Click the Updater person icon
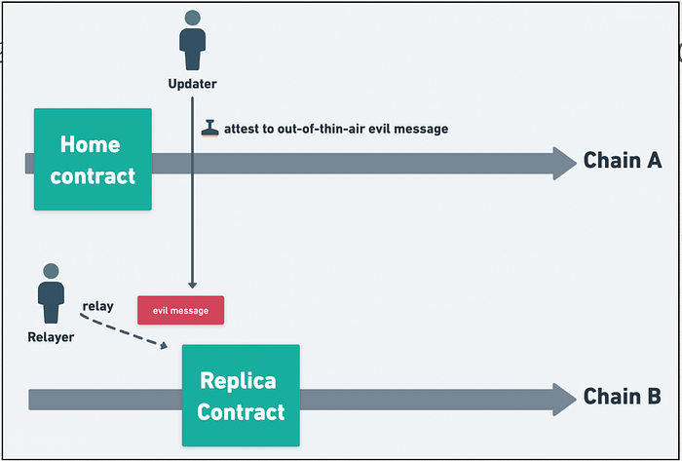click(x=192, y=40)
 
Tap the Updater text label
click(x=192, y=84)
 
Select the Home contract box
click(x=93, y=159)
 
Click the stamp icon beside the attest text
click(x=209, y=129)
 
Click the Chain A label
click(x=623, y=160)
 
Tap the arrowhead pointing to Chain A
click(x=564, y=164)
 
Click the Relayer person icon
click(x=51, y=293)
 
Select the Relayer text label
click(x=51, y=337)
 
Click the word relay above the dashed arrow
click(x=97, y=306)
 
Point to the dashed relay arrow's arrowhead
click(x=164, y=345)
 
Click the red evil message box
click(x=180, y=310)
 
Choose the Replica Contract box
click(x=241, y=396)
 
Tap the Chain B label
click(x=622, y=397)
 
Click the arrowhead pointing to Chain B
click(x=564, y=400)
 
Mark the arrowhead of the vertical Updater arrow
click(x=192, y=285)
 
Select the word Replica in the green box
click(x=238, y=381)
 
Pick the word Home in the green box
click(x=90, y=144)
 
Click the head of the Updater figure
click(x=192, y=18)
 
